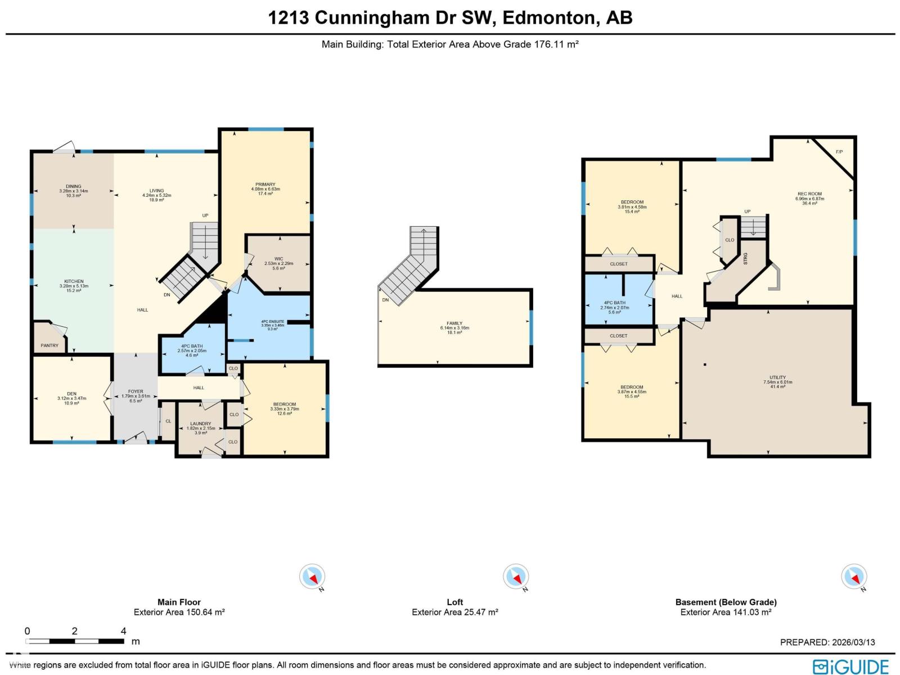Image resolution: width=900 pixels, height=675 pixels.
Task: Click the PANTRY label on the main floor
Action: coord(49,345)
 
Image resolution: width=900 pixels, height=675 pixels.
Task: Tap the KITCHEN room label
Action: coord(74,281)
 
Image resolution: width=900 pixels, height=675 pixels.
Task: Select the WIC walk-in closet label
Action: coord(278,259)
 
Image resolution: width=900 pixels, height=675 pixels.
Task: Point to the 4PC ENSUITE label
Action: coord(272,322)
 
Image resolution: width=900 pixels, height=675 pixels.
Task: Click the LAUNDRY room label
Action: coord(200,424)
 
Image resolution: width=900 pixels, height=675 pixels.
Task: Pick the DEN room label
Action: coord(71,394)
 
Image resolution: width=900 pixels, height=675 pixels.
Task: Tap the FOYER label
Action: coord(136,391)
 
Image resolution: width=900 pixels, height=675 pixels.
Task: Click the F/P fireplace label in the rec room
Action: coord(839,152)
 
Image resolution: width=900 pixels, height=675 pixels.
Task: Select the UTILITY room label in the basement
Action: coord(778,377)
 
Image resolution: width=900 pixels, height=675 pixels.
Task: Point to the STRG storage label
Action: coord(745,258)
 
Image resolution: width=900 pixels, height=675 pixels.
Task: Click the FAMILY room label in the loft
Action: coord(454,323)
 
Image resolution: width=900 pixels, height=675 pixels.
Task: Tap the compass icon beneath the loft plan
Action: coord(515,577)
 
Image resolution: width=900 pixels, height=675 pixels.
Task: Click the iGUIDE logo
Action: coord(850,667)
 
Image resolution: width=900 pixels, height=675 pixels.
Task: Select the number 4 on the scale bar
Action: coord(123,631)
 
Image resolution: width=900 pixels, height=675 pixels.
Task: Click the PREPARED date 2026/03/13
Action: coord(852,642)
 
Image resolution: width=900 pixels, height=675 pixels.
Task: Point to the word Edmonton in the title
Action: coord(548,17)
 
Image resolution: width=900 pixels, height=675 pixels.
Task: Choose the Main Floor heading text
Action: coord(179,602)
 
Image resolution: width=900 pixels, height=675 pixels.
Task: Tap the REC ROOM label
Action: coord(809,194)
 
